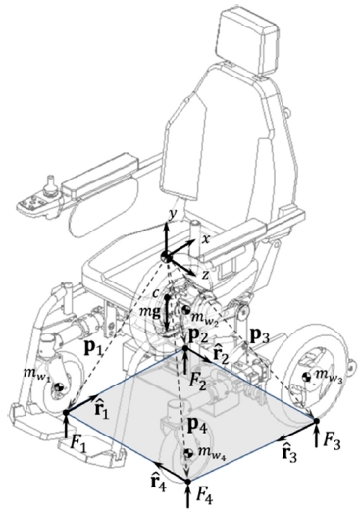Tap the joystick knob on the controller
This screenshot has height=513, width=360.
(x=50, y=180)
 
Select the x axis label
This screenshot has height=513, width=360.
(x=206, y=239)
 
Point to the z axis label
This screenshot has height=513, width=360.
(x=205, y=275)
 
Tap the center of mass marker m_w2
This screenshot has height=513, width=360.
(x=186, y=310)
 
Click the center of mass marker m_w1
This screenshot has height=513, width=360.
(x=60, y=387)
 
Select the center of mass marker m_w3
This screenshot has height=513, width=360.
(x=307, y=377)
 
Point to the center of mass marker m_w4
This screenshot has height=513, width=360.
(x=188, y=453)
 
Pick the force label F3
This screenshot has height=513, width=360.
(x=333, y=441)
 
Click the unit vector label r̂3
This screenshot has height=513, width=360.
(x=289, y=452)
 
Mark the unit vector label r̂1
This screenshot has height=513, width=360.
(x=101, y=409)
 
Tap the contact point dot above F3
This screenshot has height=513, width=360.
(x=317, y=421)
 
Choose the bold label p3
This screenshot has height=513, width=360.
(x=259, y=337)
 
